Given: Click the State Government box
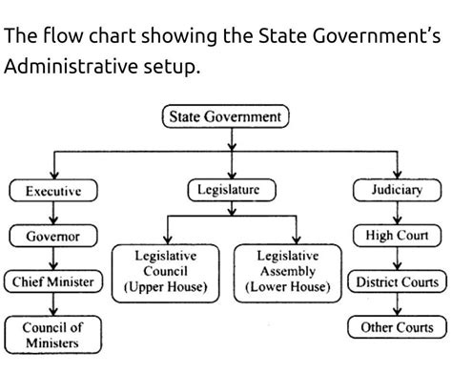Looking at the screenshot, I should (x=226, y=117).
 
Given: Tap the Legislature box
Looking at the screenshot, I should (x=229, y=191).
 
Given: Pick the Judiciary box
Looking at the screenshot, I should (x=396, y=190).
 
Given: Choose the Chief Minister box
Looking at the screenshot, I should (x=52, y=282).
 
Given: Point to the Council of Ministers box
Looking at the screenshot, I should (x=52, y=334).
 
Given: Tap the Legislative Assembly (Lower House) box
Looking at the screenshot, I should (x=288, y=271).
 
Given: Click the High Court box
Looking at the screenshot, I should (x=396, y=236).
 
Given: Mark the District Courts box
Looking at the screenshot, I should (x=397, y=282).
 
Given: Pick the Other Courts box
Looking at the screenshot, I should (x=397, y=327).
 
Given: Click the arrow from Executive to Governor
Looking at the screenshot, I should (x=52, y=214).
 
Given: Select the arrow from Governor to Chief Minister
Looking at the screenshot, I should (x=52, y=260).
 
